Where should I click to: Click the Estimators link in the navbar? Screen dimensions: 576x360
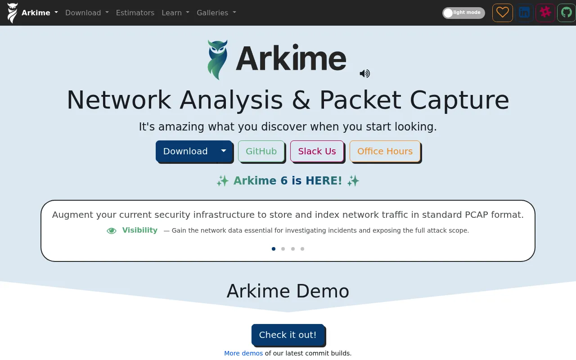click(135, 13)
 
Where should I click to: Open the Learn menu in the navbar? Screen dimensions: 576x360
click(175, 13)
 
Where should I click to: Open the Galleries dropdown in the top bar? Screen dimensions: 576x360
click(216, 13)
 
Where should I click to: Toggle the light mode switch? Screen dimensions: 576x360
click(463, 13)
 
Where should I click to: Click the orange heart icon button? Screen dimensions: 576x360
click(503, 13)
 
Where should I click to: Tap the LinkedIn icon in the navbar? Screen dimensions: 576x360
click(524, 13)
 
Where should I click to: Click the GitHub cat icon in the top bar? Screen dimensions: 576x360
click(566, 13)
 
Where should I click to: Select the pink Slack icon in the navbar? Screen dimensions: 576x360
click(545, 13)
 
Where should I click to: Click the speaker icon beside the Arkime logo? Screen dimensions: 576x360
click(364, 73)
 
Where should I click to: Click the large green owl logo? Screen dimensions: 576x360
click(217, 60)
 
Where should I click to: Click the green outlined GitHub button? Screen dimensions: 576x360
click(261, 151)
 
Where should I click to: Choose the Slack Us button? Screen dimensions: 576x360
click(317, 151)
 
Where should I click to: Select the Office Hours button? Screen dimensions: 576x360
click(385, 151)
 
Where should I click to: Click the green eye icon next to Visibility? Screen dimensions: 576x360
click(112, 231)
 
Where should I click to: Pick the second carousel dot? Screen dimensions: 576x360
click(283, 249)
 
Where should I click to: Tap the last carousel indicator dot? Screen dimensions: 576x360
click(302, 249)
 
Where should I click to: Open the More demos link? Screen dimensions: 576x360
click(243, 353)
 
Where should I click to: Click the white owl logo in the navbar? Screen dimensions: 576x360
click(12, 13)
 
